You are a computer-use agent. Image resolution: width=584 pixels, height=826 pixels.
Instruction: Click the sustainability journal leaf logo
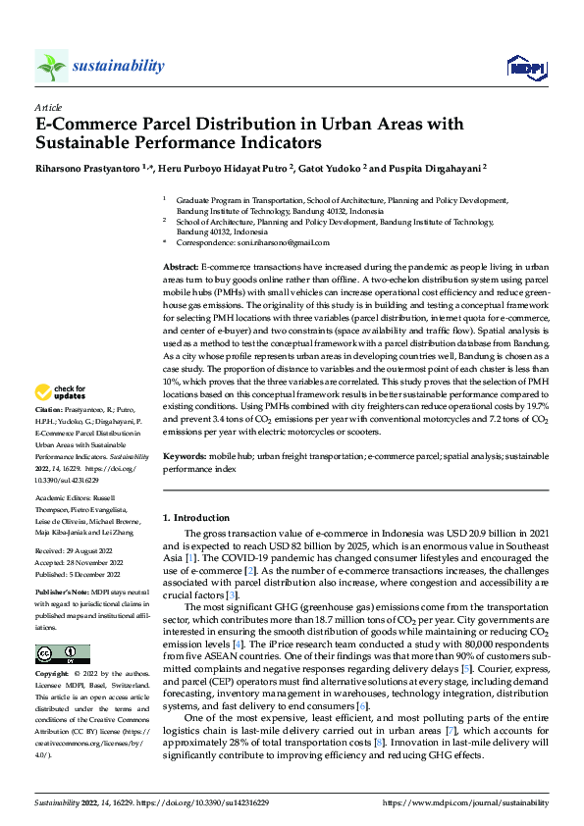[51, 66]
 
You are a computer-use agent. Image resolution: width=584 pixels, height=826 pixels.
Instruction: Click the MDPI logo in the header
[521, 67]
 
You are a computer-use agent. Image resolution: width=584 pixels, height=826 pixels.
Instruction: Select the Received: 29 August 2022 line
[71, 552]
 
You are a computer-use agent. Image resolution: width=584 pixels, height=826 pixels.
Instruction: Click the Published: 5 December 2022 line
[76, 576]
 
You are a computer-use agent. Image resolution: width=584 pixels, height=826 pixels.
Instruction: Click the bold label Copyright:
[51, 675]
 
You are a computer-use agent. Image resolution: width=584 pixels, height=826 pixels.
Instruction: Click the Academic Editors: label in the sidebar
[63, 498]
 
